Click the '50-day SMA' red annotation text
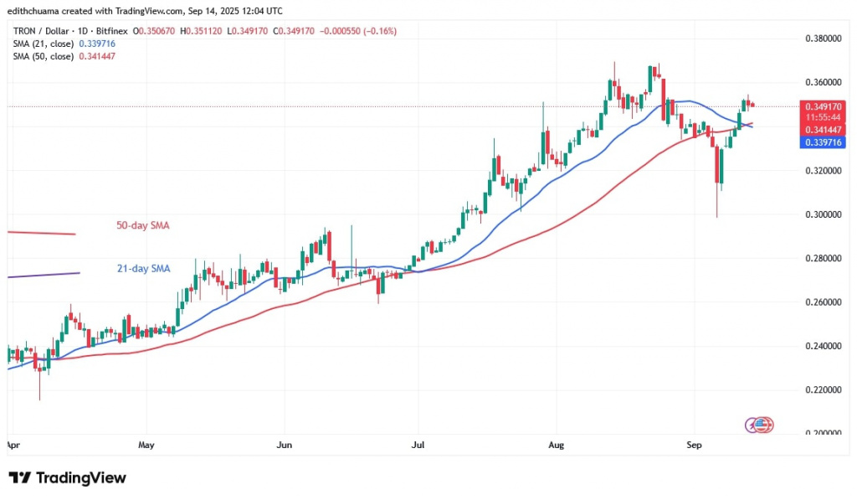tap(138, 225)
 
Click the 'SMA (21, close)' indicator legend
tap(44, 43)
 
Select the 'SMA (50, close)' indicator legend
tap(44, 55)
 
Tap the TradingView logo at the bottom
tap(67, 478)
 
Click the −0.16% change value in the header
tap(379, 31)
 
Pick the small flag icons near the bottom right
tap(758, 425)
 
